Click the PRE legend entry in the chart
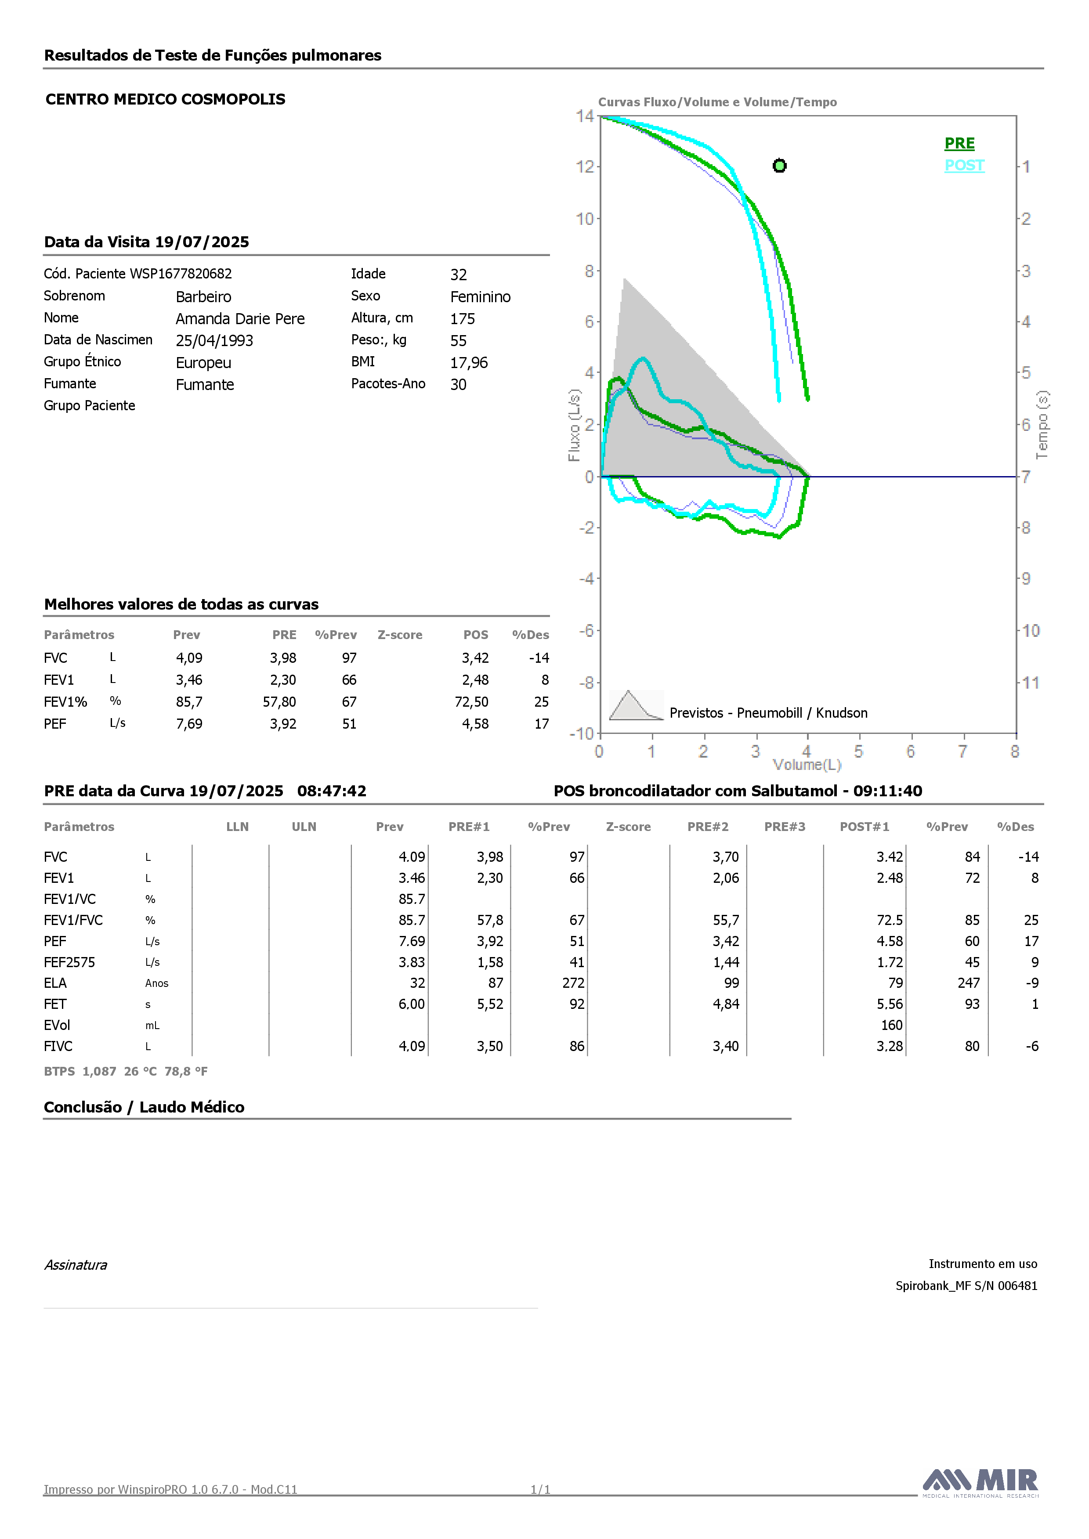[x=959, y=144]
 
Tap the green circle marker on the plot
[x=779, y=166]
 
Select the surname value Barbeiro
[x=203, y=296]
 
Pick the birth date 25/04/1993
[x=214, y=340]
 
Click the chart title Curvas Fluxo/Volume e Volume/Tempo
[x=717, y=102]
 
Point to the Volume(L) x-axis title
[x=807, y=765]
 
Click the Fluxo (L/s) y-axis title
[x=574, y=425]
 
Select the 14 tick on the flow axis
[x=585, y=116]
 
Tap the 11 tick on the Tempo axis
[x=1031, y=683]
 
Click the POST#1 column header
[x=865, y=827]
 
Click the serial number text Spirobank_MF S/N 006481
[x=966, y=1286]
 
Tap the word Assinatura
[x=76, y=1265]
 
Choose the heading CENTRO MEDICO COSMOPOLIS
[x=166, y=99]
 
